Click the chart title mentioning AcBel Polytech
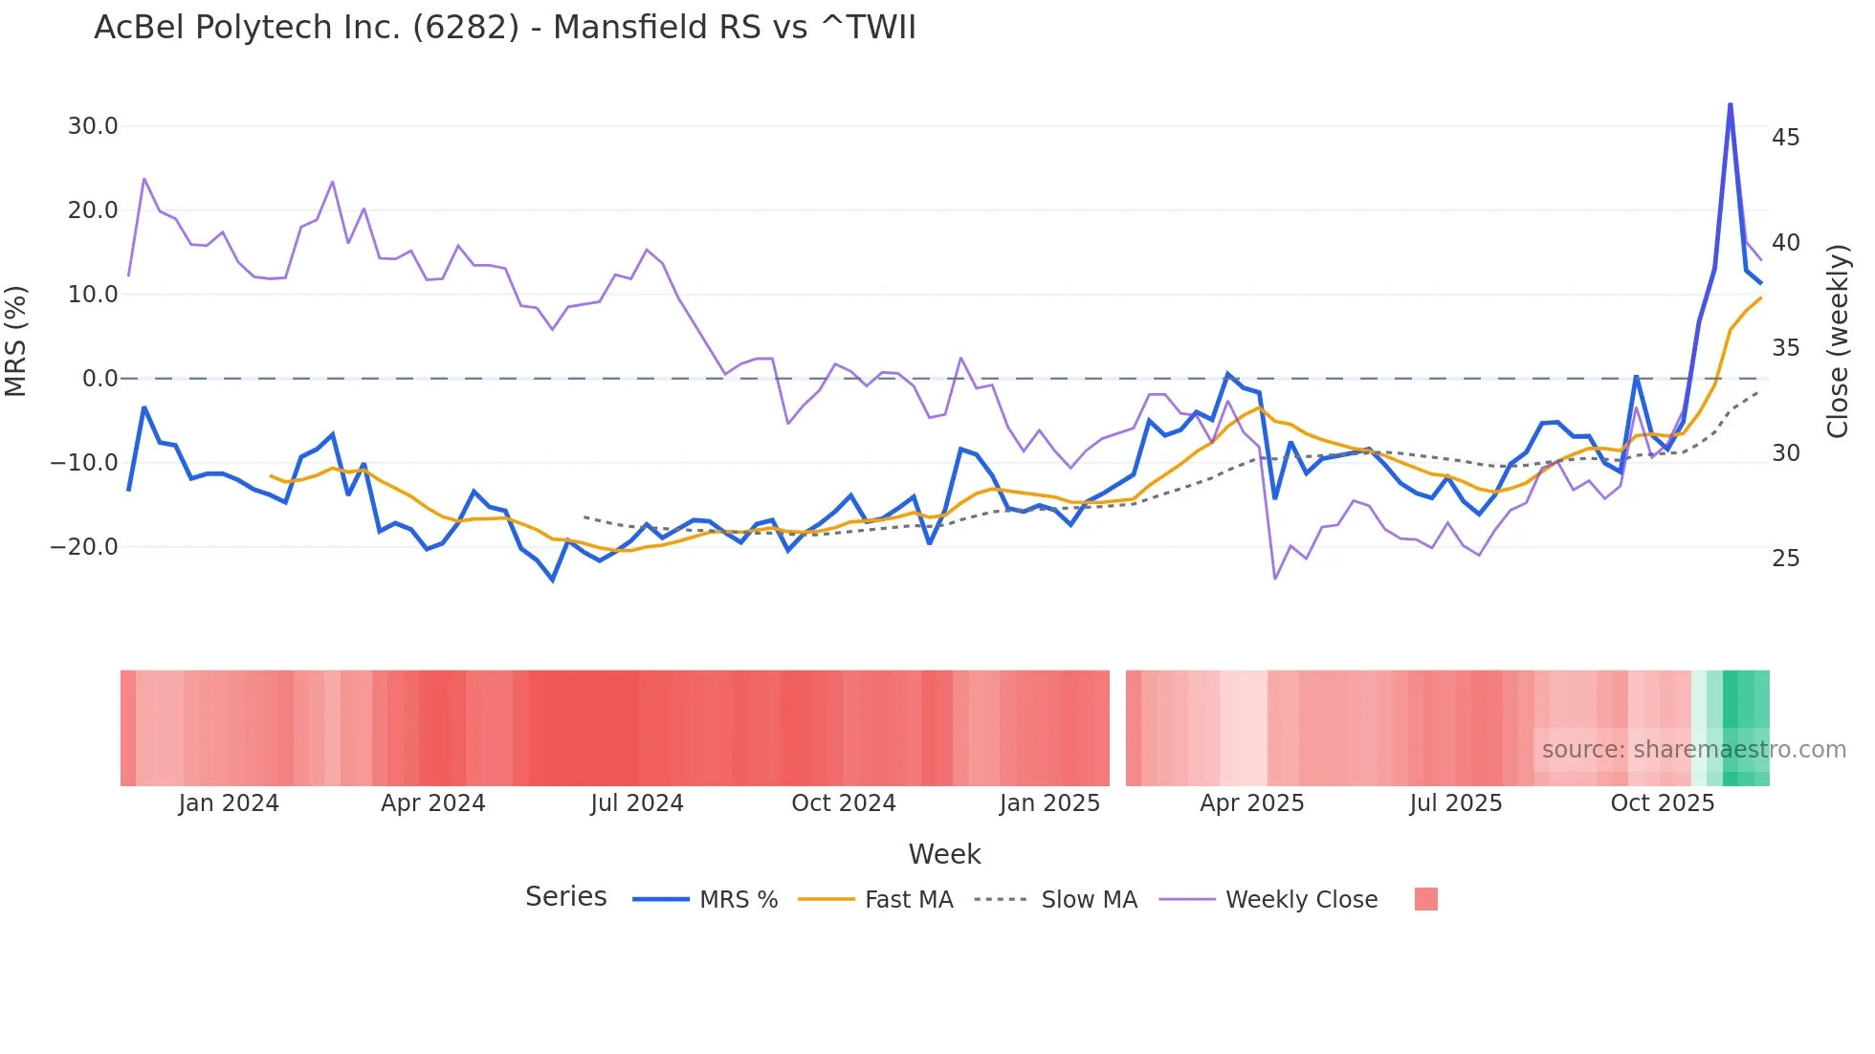coord(504,28)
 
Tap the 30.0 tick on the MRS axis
coord(93,126)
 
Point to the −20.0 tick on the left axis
coord(84,547)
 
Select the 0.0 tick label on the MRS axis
coord(99,379)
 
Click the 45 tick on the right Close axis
coord(1785,138)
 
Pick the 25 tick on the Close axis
coord(1785,559)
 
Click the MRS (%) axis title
coord(16,340)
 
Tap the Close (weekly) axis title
coord(1838,340)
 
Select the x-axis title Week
coord(944,854)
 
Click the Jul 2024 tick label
coord(636,803)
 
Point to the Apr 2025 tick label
coord(1251,803)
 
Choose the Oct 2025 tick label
coord(1662,803)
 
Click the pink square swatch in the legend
coord(1425,899)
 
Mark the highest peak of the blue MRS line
coord(1730,104)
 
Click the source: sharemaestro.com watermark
coord(1693,750)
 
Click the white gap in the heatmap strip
coord(1117,728)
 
